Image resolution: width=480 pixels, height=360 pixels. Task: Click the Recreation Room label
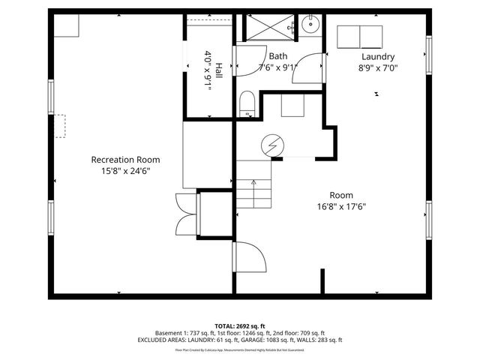[x=125, y=160]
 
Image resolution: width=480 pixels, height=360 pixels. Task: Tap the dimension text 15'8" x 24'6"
[x=125, y=171]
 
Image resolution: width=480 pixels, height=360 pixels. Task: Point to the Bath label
[x=278, y=56]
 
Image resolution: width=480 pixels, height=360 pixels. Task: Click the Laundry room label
[x=378, y=56]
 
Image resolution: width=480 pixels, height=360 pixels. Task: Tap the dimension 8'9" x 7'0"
[x=378, y=67]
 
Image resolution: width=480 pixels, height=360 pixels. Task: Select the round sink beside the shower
[x=310, y=25]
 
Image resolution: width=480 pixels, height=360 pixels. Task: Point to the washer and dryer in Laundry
[x=360, y=36]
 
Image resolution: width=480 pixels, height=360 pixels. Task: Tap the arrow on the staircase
[x=253, y=183]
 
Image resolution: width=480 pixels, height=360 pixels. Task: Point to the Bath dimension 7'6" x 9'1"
[x=278, y=67]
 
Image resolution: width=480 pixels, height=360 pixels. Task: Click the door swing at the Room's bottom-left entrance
[x=250, y=259]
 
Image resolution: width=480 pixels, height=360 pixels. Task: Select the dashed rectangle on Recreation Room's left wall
[x=58, y=126]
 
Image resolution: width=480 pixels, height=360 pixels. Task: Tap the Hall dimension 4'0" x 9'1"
[x=208, y=70]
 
